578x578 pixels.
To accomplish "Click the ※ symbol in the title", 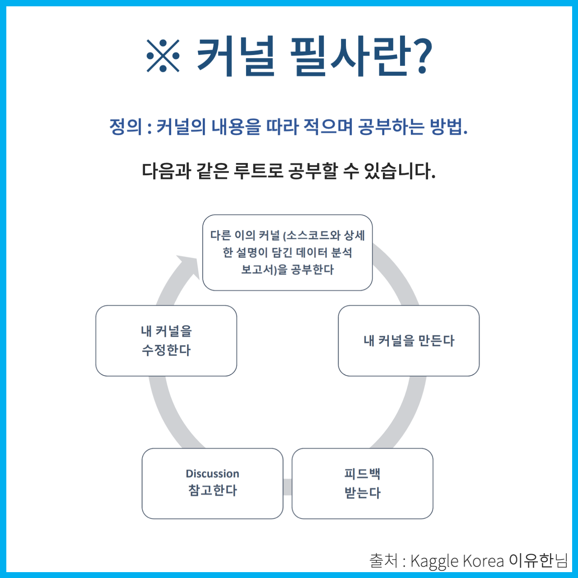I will coord(163,56).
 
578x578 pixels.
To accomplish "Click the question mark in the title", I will coord(422,56).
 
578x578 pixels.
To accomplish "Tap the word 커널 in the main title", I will coord(236,56).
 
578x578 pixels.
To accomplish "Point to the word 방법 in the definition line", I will coord(446,127).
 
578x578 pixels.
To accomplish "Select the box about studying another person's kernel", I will coord(287,252).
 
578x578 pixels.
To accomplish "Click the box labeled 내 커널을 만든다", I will coord(409,340).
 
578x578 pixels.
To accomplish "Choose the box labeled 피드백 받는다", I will coord(362,483).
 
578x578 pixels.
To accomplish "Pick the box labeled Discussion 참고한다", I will coord(212,483).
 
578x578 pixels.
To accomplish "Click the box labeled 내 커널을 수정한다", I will coord(166,340).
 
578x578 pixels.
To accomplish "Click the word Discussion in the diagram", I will coord(212,474).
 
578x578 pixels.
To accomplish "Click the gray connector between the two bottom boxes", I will coord(287,487).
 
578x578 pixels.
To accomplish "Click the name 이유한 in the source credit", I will coord(531,560).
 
